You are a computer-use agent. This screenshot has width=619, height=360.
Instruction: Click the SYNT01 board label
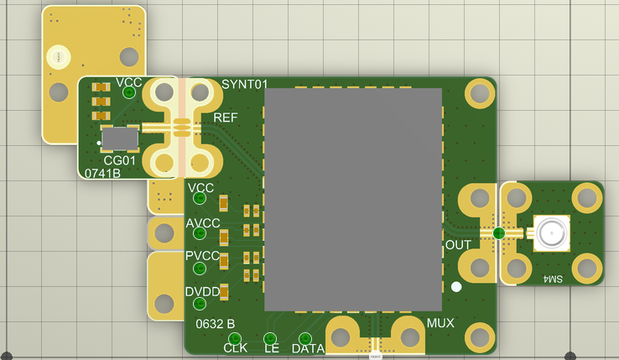pos(245,84)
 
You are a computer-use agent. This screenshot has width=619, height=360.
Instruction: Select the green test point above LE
pos(270,339)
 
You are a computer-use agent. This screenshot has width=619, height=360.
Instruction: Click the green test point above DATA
pos(305,339)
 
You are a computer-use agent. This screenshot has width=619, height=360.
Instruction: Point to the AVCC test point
pos(200,233)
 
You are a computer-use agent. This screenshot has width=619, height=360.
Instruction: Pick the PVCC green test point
pos(200,269)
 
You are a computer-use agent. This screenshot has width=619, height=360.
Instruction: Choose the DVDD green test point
pos(200,304)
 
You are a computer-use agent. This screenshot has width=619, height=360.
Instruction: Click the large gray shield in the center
pos(353,200)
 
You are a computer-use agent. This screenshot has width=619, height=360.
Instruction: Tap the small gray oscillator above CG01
pos(120,138)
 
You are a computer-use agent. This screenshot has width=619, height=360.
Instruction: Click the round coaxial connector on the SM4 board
pos(552,233)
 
